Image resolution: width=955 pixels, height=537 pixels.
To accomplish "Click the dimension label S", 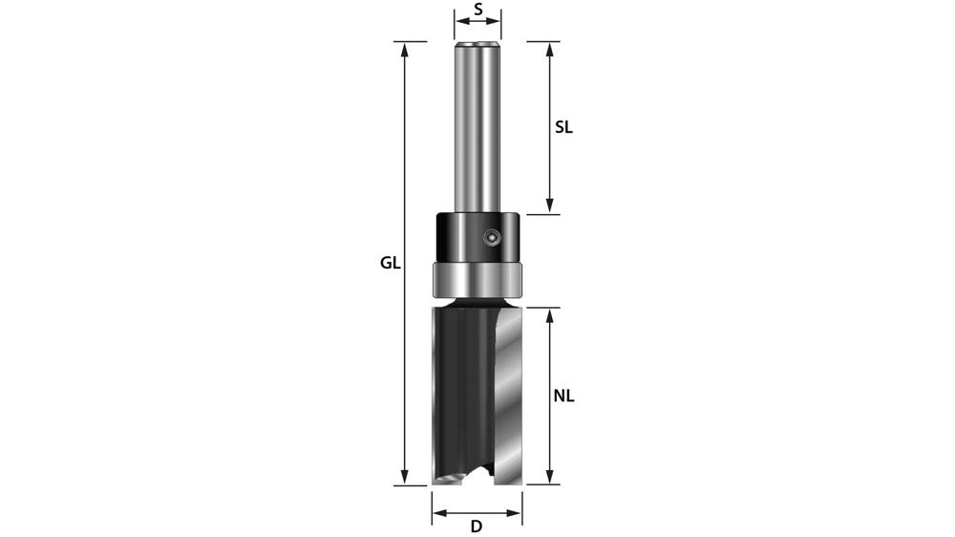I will pos(477,12).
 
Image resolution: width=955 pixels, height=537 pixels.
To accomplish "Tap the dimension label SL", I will pos(563,126).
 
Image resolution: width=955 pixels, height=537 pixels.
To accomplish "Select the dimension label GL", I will pos(390,263).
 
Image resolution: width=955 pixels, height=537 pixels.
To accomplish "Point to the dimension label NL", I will pos(563,395).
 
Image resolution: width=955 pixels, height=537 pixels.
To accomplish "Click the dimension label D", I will pos(476,526).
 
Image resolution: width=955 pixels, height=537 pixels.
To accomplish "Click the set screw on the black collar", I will pos(490,234).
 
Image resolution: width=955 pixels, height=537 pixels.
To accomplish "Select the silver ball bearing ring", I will pos(477,279).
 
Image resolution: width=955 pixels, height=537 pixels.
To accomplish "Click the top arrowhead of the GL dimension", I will pos(406,48).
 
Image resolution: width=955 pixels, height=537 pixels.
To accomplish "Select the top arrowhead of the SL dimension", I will pos(550,48).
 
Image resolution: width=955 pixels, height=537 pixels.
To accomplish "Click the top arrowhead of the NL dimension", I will pos(550,314).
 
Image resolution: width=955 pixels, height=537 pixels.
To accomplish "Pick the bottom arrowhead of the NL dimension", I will pos(550,478).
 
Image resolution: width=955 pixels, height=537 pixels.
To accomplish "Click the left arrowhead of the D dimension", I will pos(437,513).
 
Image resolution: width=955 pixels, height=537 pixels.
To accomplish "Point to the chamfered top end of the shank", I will pos(477,44).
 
